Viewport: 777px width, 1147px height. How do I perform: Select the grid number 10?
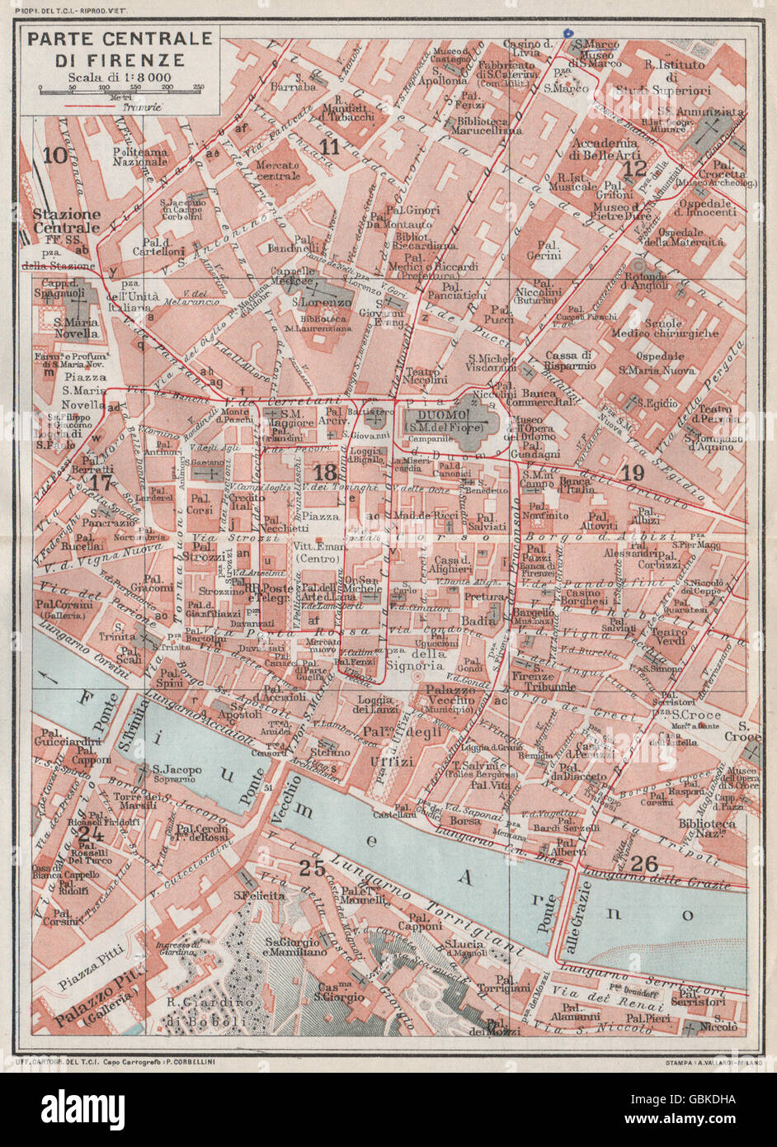click(55, 154)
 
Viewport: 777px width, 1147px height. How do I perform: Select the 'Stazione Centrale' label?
click(66, 220)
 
